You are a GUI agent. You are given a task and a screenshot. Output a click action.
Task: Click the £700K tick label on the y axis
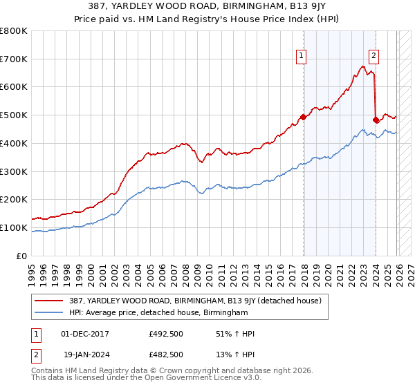[14, 59]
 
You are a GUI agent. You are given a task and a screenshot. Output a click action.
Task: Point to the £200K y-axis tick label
[14, 200]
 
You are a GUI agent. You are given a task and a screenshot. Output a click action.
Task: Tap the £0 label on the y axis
[21, 256]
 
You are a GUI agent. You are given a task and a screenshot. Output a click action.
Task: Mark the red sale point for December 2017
[303, 117]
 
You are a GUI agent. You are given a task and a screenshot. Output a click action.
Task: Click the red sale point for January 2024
[376, 120]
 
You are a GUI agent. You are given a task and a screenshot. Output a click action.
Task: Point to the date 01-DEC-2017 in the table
[85, 334]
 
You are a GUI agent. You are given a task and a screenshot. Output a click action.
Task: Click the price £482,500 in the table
[166, 354]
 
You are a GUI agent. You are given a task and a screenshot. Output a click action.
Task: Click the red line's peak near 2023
[363, 66]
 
